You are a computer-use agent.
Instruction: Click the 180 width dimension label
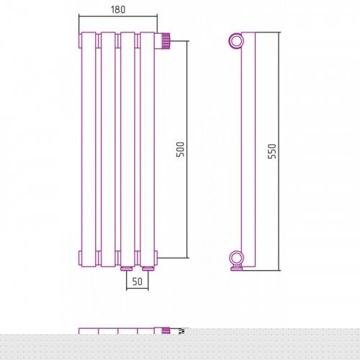pyautogui.click(x=118, y=9)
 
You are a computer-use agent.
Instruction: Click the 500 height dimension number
pyautogui.click(x=180, y=149)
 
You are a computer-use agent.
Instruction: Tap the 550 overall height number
pyautogui.click(x=272, y=151)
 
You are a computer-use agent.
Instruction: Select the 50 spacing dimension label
pyautogui.click(x=138, y=282)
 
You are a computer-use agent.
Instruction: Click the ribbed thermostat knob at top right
pyautogui.click(x=166, y=41)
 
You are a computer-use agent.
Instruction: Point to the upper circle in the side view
pyautogui.click(x=236, y=41)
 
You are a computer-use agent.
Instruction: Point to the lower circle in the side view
pyautogui.click(x=236, y=258)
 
